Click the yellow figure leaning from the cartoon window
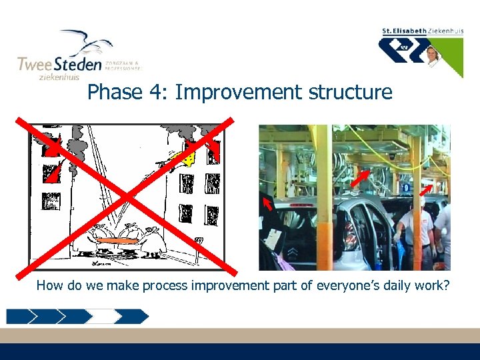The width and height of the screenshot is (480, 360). tap(186, 159)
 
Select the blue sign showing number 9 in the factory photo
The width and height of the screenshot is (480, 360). tap(406, 179)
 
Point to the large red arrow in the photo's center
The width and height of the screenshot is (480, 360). tap(360, 177)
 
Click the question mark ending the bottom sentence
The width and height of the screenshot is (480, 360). tap(447, 286)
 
